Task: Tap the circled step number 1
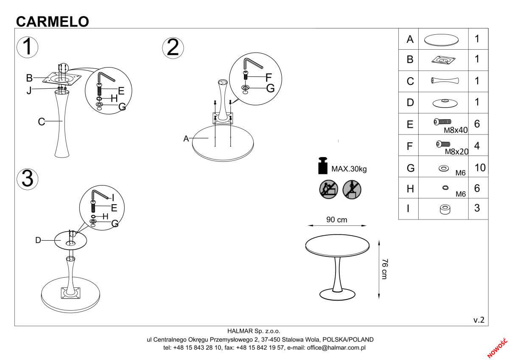(x=27, y=47)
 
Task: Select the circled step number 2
(x=173, y=48)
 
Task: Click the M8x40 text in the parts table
(x=456, y=130)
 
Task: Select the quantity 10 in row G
(x=480, y=167)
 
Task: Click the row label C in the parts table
(x=410, y=81)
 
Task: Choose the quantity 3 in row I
(x=477, y=208)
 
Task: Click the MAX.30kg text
(x=349, y=169)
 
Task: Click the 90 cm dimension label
(x=337, y=220)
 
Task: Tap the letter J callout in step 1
(x=29, y=90)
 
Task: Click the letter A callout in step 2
(x=186, y=138)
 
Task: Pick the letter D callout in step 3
(x=38, y=240)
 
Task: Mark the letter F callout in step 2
(x=268, y=77)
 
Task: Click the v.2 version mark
(x=478, y=320)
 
